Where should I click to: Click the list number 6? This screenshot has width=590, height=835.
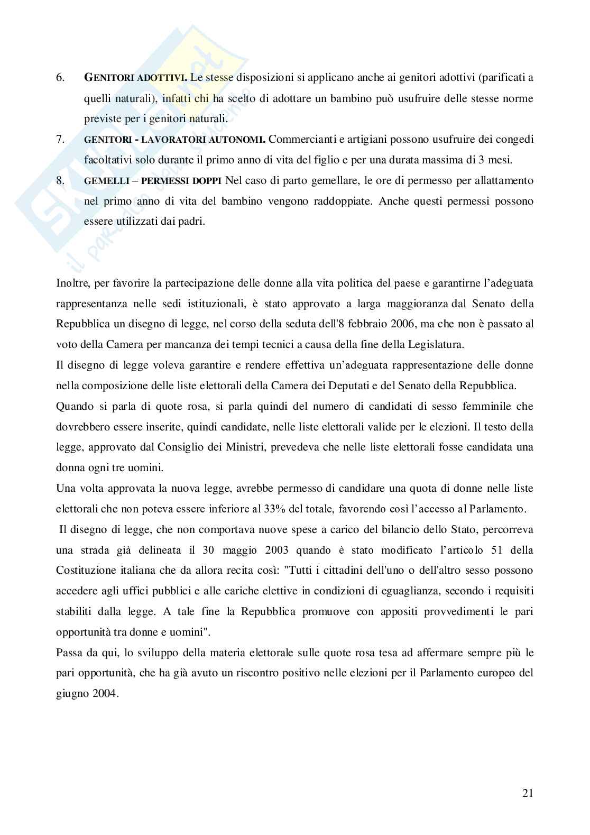[x=60, y=78]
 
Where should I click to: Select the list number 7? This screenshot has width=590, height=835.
[x=60, y=140]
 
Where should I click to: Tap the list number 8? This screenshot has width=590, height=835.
[x=60, y=181]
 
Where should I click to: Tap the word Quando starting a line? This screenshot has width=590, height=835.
[x=73, y=407]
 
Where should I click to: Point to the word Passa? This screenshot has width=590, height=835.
[x=68, y=653]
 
